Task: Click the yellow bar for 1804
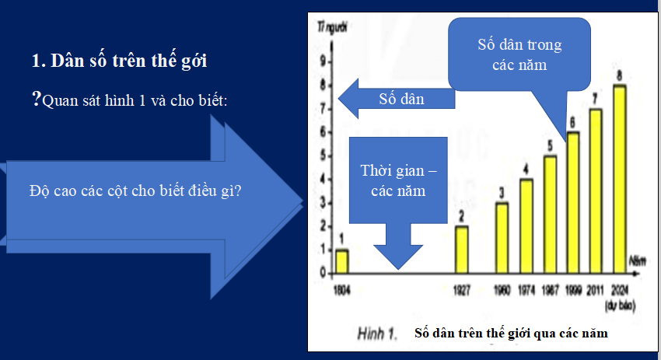341,261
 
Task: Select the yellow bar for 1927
461,250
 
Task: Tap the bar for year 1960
502,238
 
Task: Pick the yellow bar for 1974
526,226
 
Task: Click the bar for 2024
619,179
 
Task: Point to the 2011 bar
596,190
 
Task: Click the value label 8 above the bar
619,75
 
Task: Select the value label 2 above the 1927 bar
461,216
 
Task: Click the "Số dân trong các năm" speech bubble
519,54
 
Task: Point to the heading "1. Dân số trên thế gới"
118,61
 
